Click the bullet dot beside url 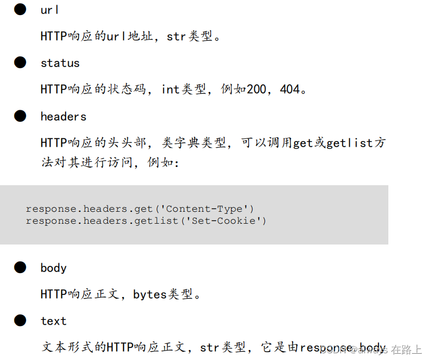pyautogui.click(x=20, y=9)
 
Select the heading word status pyautogui.click(x=60, y=63)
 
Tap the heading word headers pyautogui.click(x=63, y=117)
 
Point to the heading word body pyautogui.click(x=54, y=268)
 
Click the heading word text pyautogui.click(x=54, y=321)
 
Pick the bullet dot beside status pyautogui.click(x=20, y=63)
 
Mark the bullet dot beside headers pyautogui.click(x=20, y=116)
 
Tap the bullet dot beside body pyautogui.click(x=20, y=267)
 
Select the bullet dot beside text pyautogui.click(x=20, y=320)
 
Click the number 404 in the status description pyautogui.click(x=290, y=89)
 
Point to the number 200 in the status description pyautogui.click(x=256, y=89)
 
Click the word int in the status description pyautogui.click(x=171, y=89)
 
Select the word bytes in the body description pyautogui.click(x=150, y=294)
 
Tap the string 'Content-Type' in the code pyautogui.click(x=207, y=209)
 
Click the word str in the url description pyautogui.click(x=176, y=36)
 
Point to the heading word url pyautogui.click(x=50, y=10)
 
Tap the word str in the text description pyautogui.click(x=209, y=348)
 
